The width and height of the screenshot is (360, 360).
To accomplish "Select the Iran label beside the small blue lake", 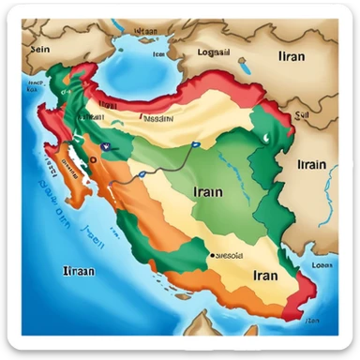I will pos(292,55).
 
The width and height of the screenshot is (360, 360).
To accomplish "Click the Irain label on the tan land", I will pos(310,165).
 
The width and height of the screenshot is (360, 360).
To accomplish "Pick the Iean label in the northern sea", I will pos(156,53).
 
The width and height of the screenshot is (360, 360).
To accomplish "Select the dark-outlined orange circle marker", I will pos(94,159).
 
